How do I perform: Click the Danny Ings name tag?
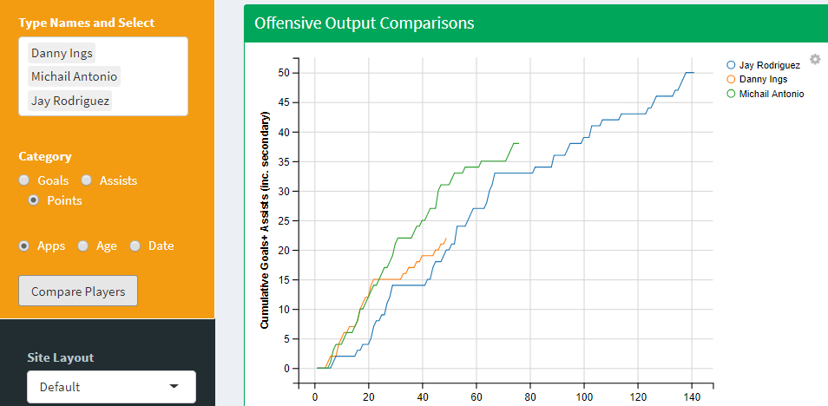tap(61, 53)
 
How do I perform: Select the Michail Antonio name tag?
tap(74, 76)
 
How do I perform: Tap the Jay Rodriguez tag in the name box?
tap(70, 101)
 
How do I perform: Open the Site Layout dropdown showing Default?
tap(111, 386)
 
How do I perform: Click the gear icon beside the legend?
tap(815, 59)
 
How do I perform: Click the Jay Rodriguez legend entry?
tap(763, 65)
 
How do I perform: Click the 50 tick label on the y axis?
tap(283, 73)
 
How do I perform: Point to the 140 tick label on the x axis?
tap(692, 397)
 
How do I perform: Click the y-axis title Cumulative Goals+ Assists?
tap(266, 225)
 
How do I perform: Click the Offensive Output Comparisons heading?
tap(365, 23)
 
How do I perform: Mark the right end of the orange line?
tap(446, 239)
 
